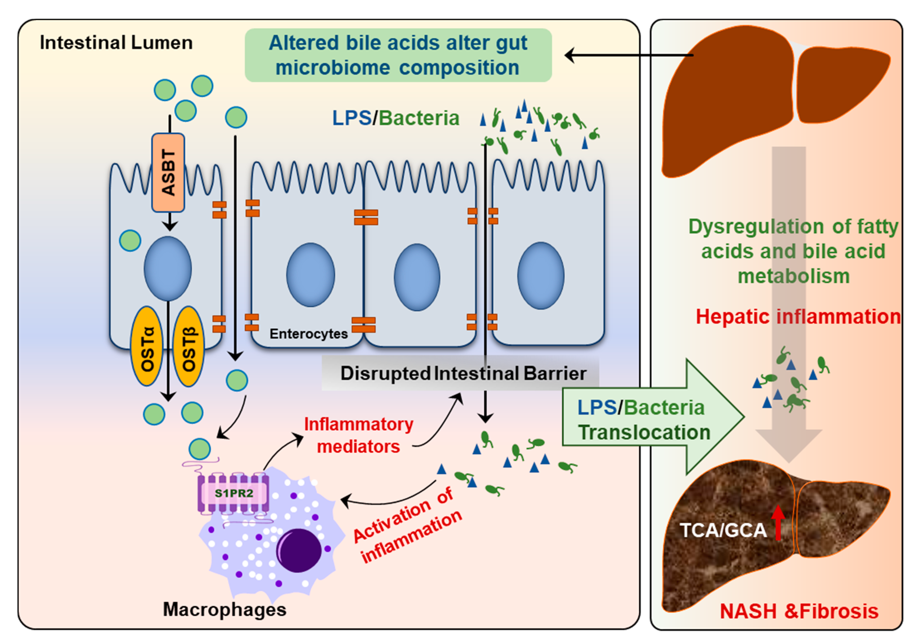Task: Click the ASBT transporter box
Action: click(x=168, y=172)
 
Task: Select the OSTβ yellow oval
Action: click(x=189, y=346)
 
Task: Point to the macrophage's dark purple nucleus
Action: click(x=299, y=551)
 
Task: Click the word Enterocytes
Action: click(x=309, y=334)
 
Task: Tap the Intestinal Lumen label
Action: click(x=116, y=43)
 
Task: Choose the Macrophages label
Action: click(x=224, y=609)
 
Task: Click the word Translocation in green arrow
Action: click(x=644, y=432)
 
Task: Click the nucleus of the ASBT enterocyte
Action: click(x=168, y=268)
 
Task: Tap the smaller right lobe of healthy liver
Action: click(x=841, y=86)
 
